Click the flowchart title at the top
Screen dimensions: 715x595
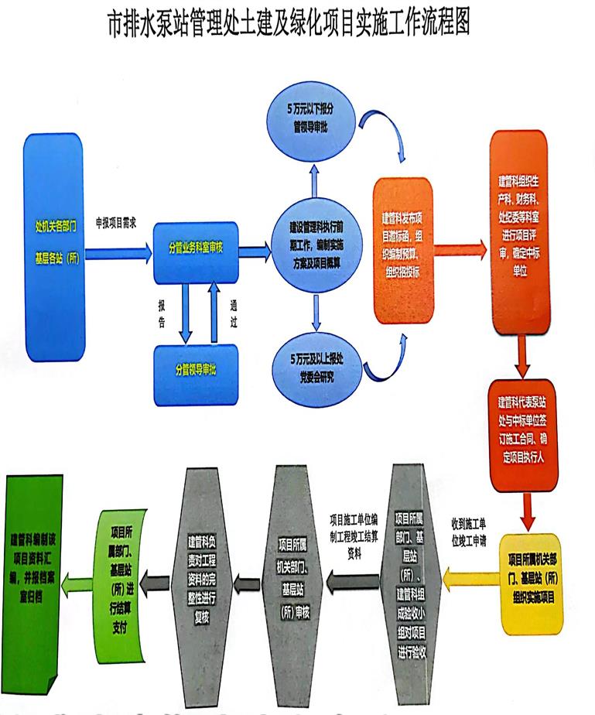point(298,23)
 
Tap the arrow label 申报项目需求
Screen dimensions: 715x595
point(115,221)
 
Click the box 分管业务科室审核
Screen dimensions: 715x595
point(196,250)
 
